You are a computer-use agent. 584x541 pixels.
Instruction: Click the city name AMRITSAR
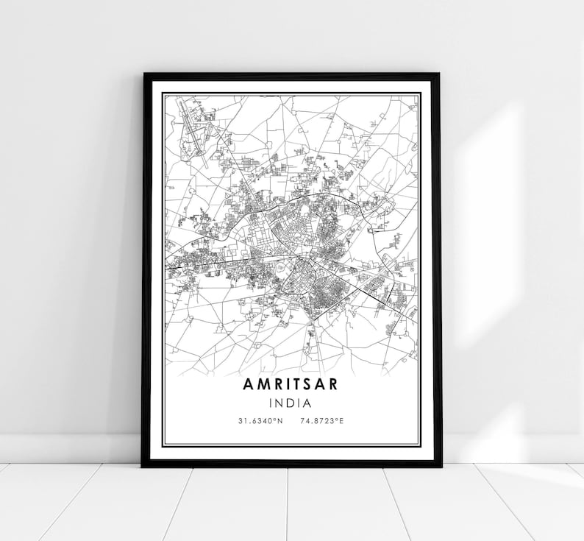[291, 385]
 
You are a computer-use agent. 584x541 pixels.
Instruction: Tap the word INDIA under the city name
[291, 403]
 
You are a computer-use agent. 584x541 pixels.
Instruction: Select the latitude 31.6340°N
[259, 421]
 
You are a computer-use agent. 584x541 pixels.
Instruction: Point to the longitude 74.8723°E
[323, 421]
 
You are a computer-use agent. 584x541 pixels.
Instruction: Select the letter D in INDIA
[291, 403]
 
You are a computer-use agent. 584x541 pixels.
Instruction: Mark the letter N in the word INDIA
[280, 403]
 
